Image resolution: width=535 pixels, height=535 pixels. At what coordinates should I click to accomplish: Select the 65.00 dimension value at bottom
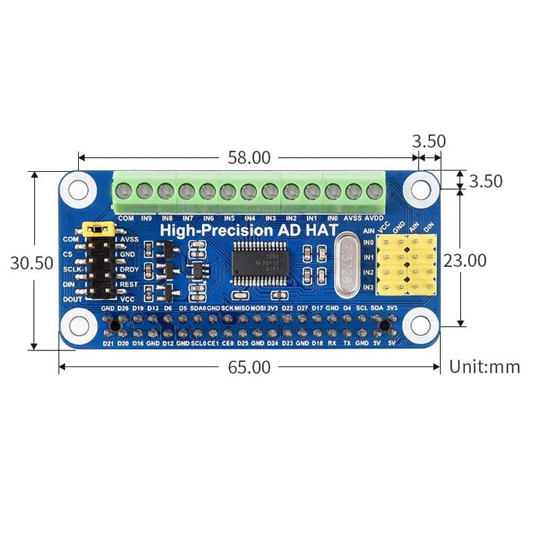point(248,367)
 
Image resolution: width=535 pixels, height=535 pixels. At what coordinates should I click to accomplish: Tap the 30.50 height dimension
point(31,263)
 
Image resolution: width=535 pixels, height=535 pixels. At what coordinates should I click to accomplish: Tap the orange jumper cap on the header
point(98,229)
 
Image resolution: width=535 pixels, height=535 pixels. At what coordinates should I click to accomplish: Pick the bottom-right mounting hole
point(421,326)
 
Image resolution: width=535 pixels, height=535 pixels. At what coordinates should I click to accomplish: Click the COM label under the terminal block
point(124,218)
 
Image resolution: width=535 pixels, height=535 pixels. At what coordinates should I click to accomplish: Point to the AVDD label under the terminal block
point(374,218)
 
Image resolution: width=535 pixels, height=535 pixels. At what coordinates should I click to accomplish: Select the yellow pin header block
point(407,264)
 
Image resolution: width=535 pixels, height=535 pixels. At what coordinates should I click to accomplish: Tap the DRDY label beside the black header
point(129,269)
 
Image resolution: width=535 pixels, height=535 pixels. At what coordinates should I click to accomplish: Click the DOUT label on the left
point(72,300)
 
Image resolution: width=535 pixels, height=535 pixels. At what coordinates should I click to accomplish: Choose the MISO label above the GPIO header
point(242,308)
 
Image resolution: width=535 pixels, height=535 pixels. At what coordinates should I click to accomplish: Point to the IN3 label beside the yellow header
point(368,288)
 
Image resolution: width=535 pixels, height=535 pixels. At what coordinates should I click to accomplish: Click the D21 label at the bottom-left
point(108,343)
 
